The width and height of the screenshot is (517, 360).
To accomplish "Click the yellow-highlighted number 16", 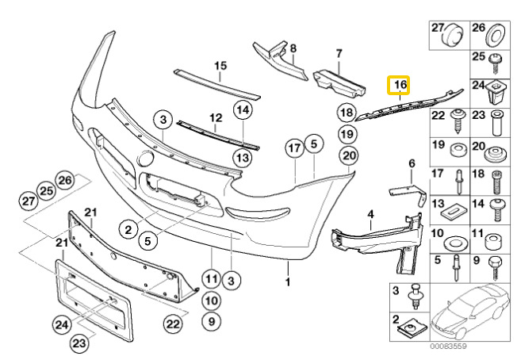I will (399, 84).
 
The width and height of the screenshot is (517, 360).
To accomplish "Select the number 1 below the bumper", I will (289, 281).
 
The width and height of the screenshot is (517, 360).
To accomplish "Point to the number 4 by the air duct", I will (370, 214).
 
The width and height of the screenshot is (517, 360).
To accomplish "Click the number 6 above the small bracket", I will (412, 163).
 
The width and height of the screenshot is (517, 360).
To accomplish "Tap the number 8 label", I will (293, 48).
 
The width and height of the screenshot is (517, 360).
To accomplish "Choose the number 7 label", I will (339, 54).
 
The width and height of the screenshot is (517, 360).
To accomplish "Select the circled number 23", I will (79, 343).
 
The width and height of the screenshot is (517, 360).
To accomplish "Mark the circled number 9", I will (209, 320).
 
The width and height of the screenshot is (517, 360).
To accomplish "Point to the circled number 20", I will (350, 155).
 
